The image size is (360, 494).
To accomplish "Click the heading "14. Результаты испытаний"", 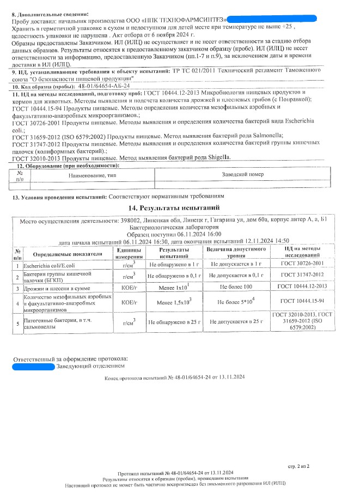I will click(180, 208).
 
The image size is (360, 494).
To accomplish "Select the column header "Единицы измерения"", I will click(129, 252).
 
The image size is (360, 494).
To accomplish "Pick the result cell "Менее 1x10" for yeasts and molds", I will click(174, 286).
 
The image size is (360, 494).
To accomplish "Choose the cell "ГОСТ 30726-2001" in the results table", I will click(302, 264).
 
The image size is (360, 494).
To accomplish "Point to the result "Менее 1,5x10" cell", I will click(174, 301).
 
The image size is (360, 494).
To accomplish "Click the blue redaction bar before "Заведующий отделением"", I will click(33, 367).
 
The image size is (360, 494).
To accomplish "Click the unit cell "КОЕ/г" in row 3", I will click(129, 286).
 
